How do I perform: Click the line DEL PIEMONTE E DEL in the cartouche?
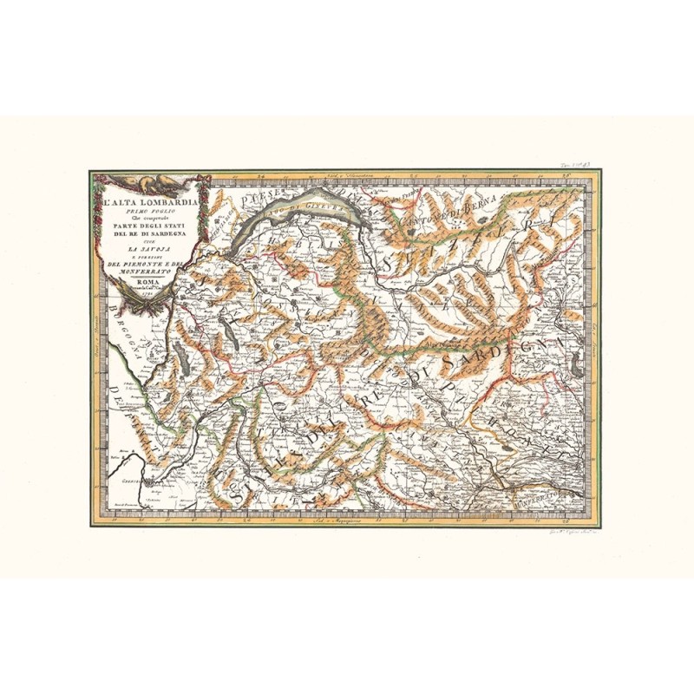point(145,265)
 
